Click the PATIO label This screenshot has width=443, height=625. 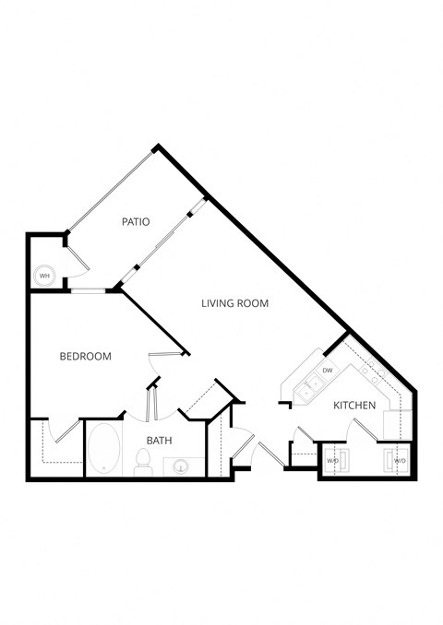click(136, 221)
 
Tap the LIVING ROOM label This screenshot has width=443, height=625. click(235, 302)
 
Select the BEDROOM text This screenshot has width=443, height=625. click(86, 357)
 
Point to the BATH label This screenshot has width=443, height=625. click(160, 442)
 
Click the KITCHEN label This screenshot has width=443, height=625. click(354, 405)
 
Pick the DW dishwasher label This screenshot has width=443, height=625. click(328, 370)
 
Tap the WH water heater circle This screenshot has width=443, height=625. click(43, 275)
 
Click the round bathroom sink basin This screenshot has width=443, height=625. click(181, 466)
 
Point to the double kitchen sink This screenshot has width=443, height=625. click(311, 386)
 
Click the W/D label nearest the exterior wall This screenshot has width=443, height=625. click(400, 460)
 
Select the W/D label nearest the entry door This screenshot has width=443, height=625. click(332, 460)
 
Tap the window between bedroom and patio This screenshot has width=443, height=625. click(89, 291)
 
